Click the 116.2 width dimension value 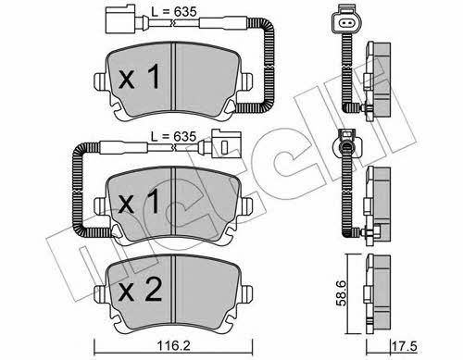pos(174,345)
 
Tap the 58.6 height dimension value pos(342,293)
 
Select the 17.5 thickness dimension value pos(405,346)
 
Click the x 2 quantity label pos(140,290)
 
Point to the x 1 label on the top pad pos(140,77)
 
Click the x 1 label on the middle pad pos(140,202)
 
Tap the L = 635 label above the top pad pos(174,12)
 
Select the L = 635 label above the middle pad pos(174,136)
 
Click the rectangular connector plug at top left pos(121,19)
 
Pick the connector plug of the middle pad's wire pos(225,145)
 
